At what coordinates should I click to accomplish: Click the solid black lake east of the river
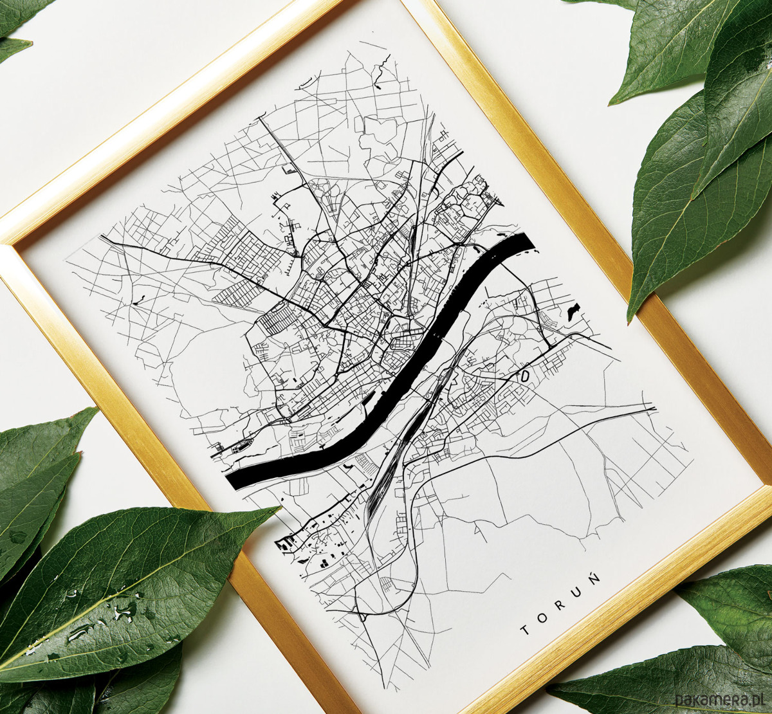point(571,311)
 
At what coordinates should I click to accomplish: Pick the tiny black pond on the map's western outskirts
point(139,298)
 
